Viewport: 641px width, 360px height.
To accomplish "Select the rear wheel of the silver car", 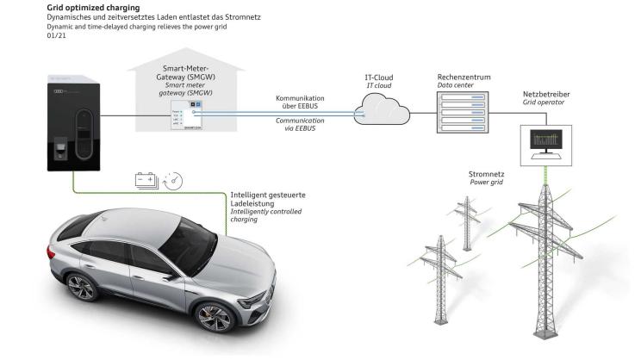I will (79, 286).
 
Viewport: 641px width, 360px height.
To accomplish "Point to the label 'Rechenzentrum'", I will (464, 77).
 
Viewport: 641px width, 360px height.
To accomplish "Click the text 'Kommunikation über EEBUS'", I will (299, 103).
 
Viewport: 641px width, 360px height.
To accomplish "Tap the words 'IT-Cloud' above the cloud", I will (379, 78).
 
